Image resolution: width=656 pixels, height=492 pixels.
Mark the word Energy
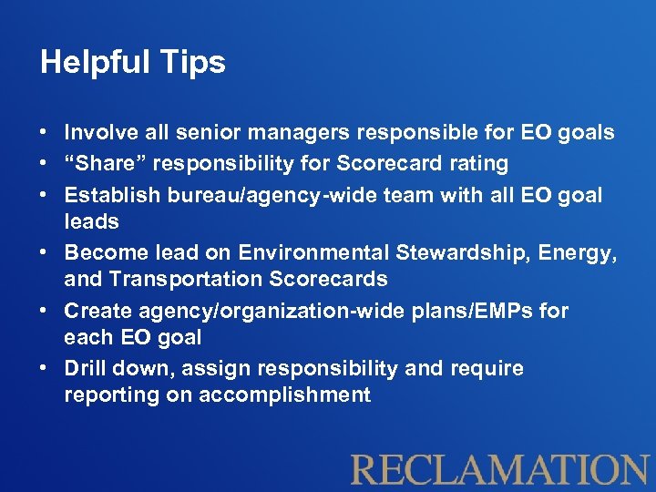580,251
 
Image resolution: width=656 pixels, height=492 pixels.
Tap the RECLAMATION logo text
499,468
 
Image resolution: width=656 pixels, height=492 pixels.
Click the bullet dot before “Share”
45,164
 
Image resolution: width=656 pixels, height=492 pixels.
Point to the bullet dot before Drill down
45,368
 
